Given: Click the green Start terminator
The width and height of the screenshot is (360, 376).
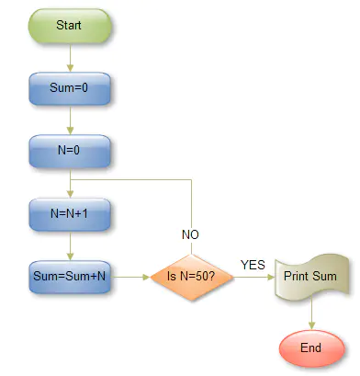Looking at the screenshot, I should coord(70,25).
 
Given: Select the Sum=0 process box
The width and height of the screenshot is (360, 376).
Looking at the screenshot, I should coord(70,89).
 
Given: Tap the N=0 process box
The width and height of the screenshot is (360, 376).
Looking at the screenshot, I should coord(70,151).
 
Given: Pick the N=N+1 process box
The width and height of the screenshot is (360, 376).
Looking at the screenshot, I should coord(70,212).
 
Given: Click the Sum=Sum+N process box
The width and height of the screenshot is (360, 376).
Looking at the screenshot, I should coord(70,275).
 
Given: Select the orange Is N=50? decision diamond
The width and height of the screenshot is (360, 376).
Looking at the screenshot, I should coord(192,276).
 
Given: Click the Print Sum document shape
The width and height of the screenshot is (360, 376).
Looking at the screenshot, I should coord(310,276).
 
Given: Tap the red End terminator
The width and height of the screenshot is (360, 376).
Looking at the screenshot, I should coord(310,348).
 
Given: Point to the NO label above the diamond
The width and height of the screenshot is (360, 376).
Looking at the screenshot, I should coord(190,235).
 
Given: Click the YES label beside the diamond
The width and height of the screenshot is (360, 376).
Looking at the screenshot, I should coord(253,265).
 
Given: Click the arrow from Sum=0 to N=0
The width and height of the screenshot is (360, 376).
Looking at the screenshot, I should coord(70,120).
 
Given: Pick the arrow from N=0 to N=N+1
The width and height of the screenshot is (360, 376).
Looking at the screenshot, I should coord(70,182).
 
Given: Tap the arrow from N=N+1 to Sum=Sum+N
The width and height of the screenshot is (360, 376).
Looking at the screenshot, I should coord(70,244).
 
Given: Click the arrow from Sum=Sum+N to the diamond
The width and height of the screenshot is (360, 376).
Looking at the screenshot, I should coord(130,276).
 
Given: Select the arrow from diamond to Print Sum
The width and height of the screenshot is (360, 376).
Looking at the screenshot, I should coord(254,276).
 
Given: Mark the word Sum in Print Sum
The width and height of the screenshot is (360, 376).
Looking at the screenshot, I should coord(325,276).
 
